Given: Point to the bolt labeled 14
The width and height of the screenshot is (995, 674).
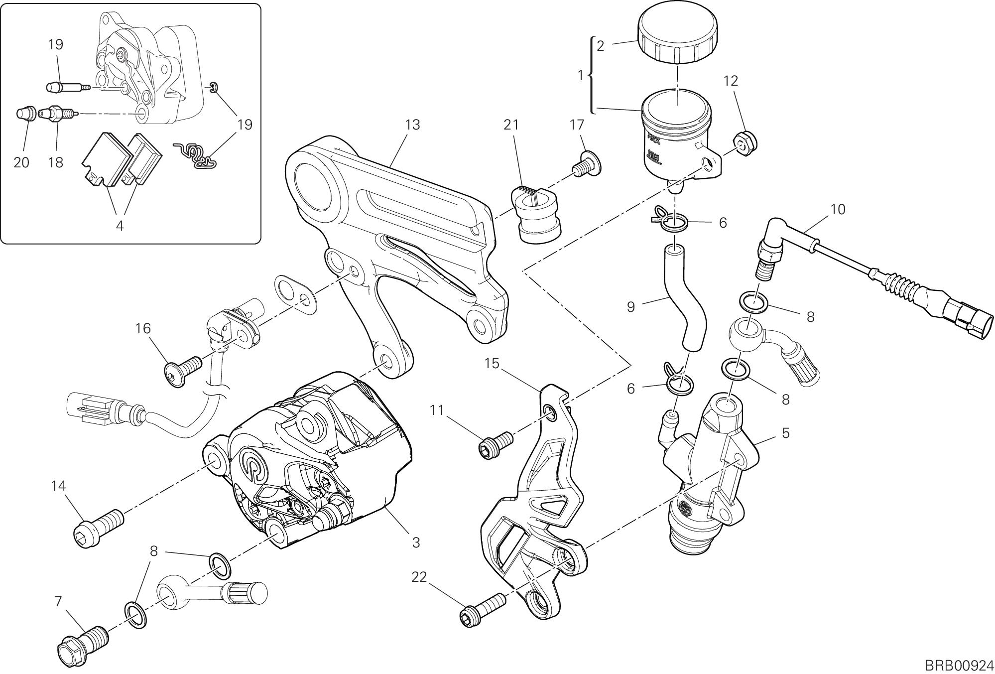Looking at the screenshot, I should pos(99,527).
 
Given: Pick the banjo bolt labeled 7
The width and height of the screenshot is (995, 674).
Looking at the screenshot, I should pos(82,643).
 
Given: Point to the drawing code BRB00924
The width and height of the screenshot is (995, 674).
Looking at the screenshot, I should pos(951,665).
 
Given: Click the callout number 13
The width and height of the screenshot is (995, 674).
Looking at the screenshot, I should pos(412,125).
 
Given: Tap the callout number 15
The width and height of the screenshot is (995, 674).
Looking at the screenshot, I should pos(492,364).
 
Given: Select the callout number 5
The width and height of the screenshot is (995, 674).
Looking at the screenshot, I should pos(785,433).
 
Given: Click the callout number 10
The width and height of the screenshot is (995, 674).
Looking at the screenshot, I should pos(838,209).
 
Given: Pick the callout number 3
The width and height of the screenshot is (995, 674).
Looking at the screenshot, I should pos(416,542).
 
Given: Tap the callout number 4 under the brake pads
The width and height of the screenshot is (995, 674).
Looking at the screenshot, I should pos(120,225).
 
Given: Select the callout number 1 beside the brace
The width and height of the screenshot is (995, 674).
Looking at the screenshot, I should pos(580,76).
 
